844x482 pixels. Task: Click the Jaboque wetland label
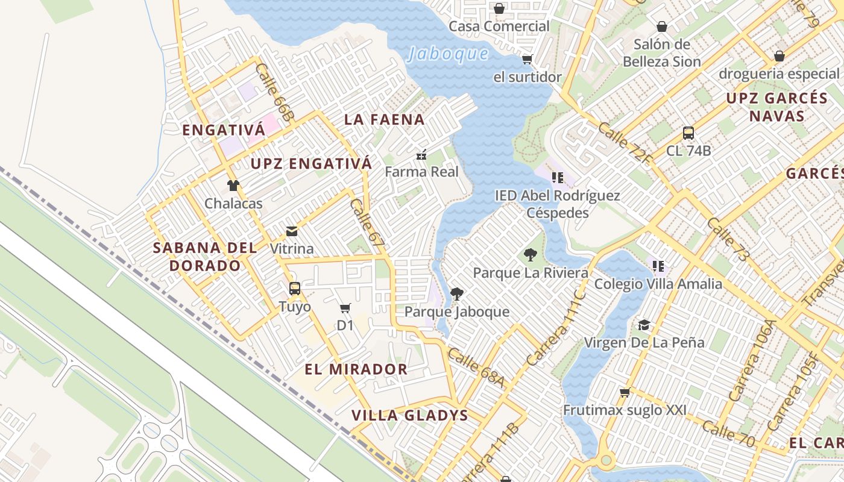(448, 54)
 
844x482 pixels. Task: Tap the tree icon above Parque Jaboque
(457, 294)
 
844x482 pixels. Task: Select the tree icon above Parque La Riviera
(531, 255)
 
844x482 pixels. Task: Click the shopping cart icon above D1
(345, 308)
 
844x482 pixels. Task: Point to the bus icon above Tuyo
(294, 289)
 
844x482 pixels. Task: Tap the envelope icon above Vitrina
(292, 231)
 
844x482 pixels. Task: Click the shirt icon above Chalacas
(233, 186)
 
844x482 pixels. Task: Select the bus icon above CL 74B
(688, 133)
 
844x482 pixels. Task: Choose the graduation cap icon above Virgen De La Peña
(644, 325)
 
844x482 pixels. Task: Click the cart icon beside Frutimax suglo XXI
(625, 393)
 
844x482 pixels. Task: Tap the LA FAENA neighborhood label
(385, 119)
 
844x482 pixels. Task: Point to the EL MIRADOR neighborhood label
(356, 369)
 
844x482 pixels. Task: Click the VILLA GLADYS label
(410, 415)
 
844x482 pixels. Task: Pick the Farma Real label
(421, 172)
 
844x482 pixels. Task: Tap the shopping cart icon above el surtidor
(527, 59)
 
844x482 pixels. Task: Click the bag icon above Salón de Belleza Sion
(661, 27)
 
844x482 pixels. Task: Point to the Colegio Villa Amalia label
(658, 284)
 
